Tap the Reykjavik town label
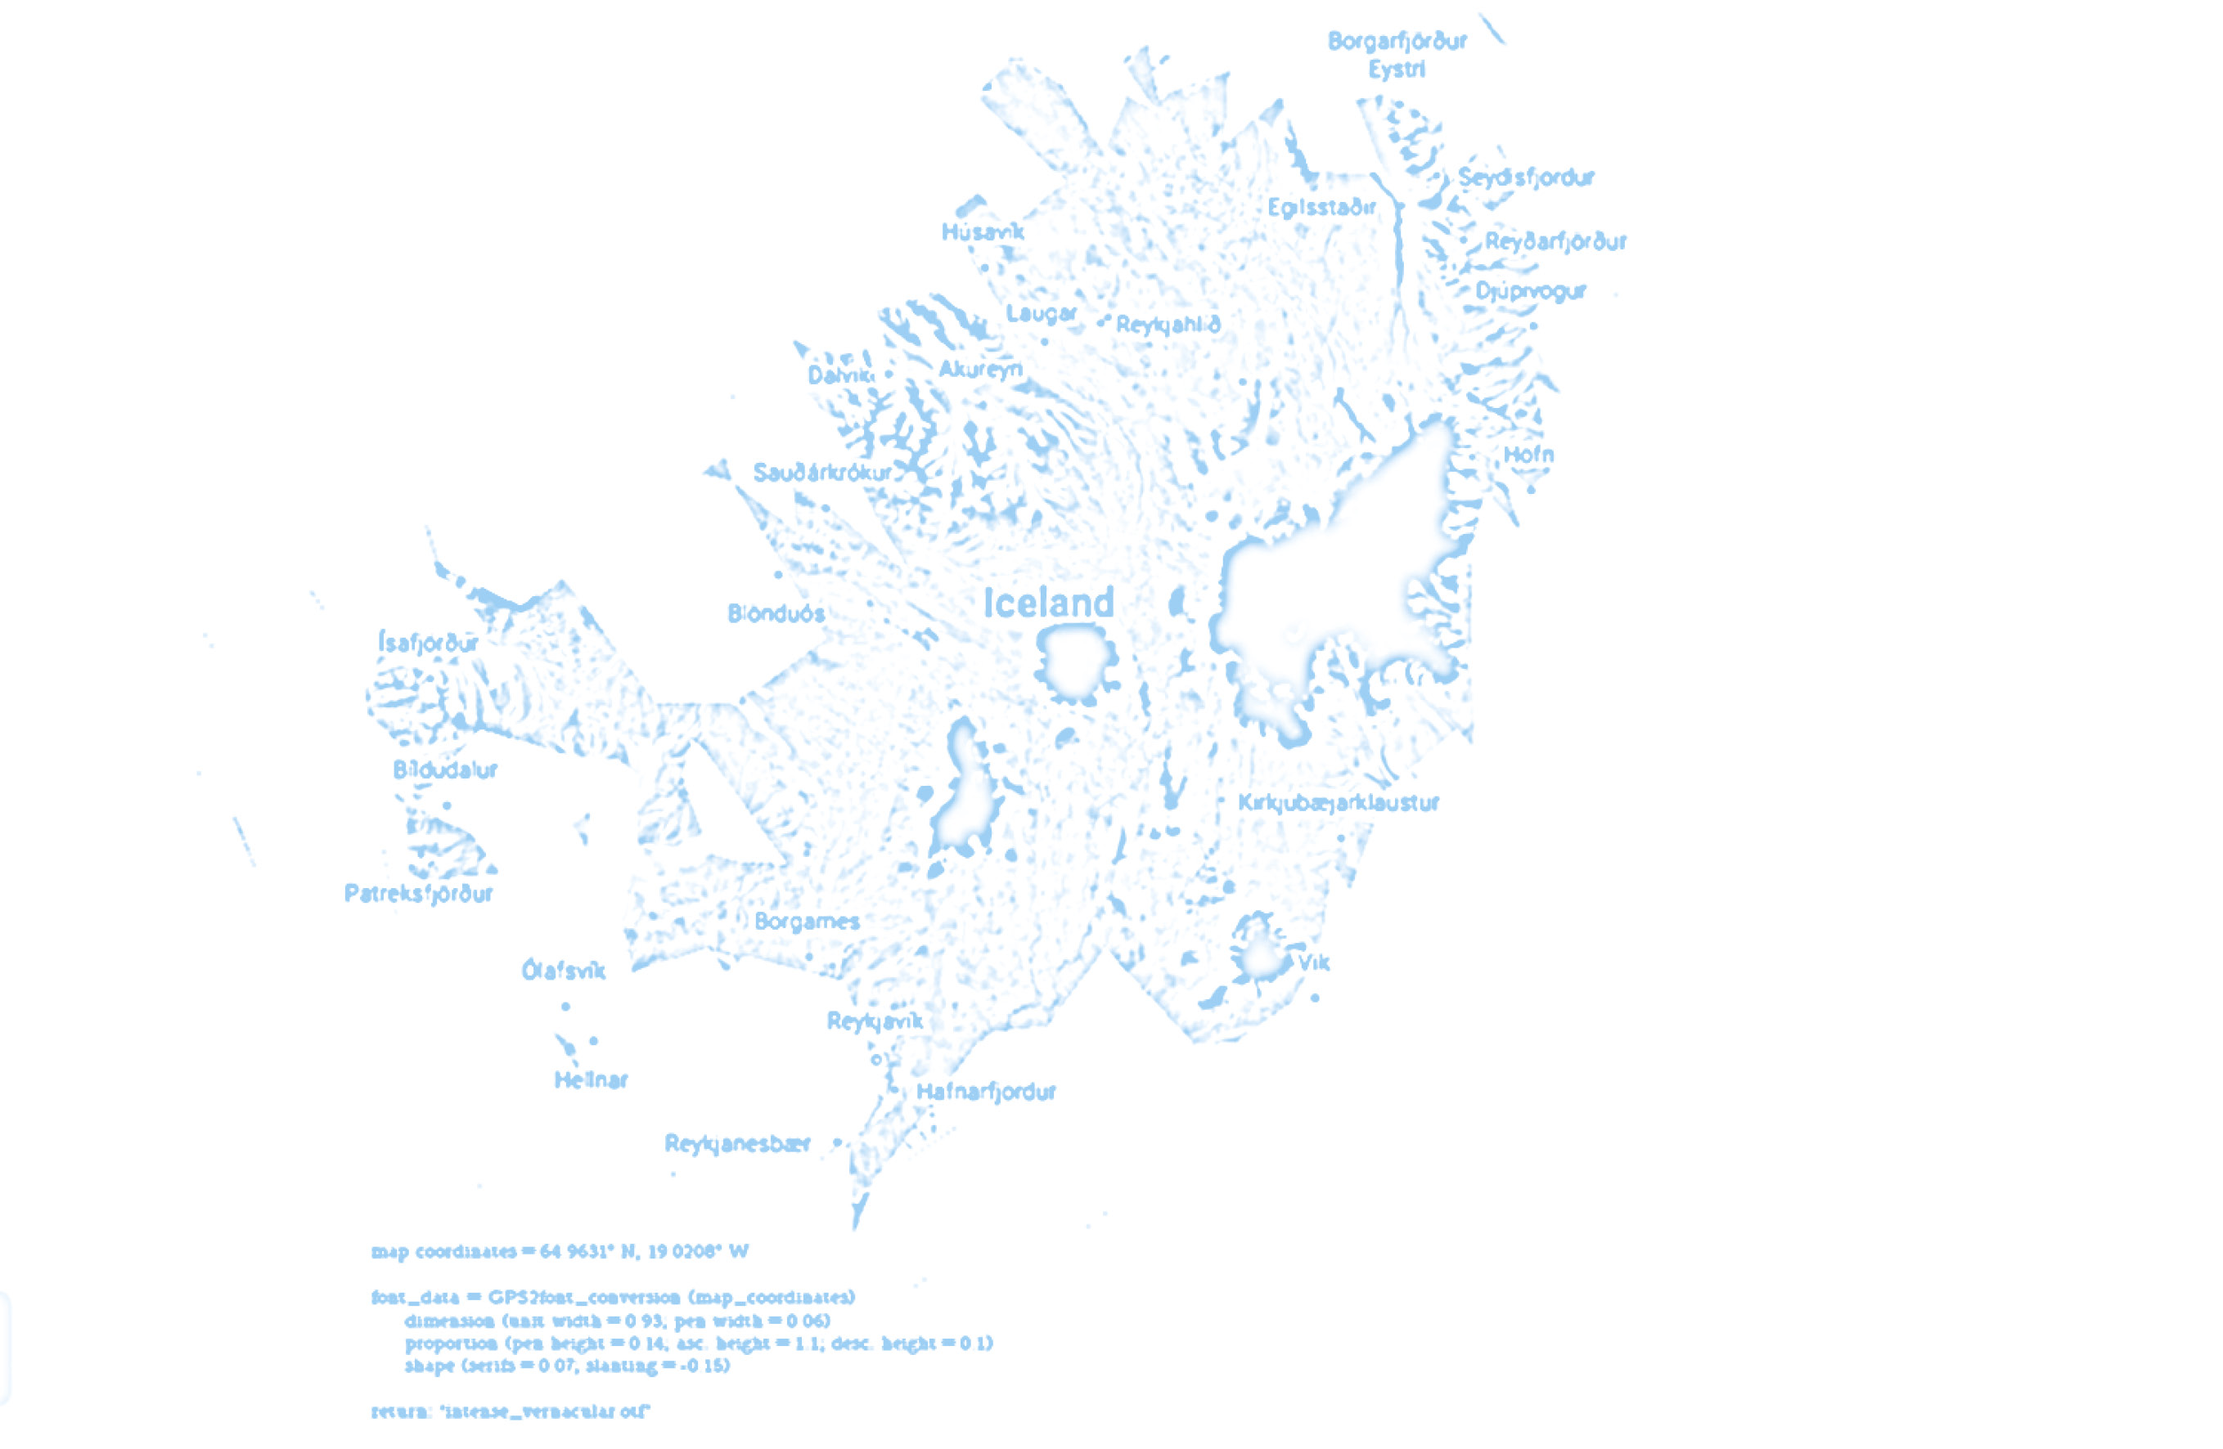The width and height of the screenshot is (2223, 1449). point(875,1021)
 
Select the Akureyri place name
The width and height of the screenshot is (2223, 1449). point(980,370)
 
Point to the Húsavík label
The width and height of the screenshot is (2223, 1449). point(983,231)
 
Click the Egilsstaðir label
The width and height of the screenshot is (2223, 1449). point(1321,207)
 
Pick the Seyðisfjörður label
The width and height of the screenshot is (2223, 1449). point(1526,177)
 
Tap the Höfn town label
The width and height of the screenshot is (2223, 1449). point(1529,455)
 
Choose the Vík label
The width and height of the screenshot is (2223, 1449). point(1314,962)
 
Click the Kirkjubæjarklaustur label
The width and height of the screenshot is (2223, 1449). point(1339,803)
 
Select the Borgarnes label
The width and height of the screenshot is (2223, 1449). point(807,922)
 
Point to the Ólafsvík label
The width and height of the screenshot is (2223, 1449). point(563,971)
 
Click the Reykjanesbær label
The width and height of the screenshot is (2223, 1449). point(737,1144)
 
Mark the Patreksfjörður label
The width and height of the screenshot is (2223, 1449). point(418,894)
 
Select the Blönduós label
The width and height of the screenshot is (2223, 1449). point(776,613)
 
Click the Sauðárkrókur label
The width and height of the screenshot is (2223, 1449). point(822,473)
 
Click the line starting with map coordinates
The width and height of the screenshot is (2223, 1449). point(560,1251)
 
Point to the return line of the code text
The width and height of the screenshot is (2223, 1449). point(510,1411)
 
